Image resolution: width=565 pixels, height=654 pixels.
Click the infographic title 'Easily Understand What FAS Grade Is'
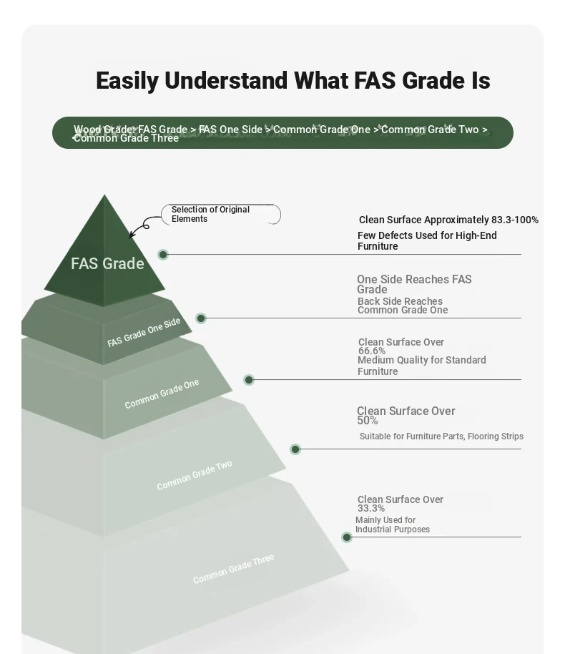coord(293,81)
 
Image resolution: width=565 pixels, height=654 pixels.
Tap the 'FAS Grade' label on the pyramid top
coord(107,263)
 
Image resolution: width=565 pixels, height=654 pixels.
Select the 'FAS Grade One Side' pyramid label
coord(144,333)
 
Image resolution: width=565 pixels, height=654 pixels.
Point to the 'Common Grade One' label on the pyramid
coord(162,394)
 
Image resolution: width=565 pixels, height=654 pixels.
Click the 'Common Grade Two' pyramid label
coord(195,475)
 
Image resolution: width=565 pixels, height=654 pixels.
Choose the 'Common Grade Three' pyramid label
coord(233,569)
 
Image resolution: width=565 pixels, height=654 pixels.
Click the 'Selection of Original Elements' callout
coord(221,215)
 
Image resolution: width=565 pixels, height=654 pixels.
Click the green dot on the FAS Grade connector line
coord(163,255)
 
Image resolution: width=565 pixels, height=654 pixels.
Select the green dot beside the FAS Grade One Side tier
coord(201,318)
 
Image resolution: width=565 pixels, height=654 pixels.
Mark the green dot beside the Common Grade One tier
coord(249,379)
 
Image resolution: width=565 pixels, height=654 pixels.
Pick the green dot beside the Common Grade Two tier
coord(295,449)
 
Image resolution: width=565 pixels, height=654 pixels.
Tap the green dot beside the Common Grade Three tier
coord(346,537)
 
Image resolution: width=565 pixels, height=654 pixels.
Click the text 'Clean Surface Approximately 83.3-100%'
coord(448,220)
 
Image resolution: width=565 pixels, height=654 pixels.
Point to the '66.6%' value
coord(372,351)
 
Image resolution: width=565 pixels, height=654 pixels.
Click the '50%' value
coord(368,421)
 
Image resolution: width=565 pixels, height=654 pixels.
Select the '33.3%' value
coord(371,508)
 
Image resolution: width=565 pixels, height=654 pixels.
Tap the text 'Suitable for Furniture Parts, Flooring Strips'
coord(441,436)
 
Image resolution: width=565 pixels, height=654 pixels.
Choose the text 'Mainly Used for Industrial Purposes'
coord(393,524)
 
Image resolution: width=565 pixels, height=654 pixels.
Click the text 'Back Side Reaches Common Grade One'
coord(403,306)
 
